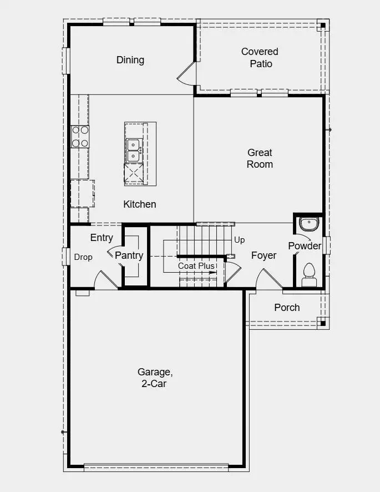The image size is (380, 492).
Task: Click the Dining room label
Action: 130,60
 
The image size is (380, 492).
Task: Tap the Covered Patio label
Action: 260,58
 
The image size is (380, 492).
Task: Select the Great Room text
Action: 260,158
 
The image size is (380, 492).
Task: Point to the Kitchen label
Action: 140,204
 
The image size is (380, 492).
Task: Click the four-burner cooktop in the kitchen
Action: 80,137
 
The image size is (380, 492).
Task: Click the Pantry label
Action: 129,255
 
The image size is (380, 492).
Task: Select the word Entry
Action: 102,238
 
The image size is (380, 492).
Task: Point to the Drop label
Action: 83,257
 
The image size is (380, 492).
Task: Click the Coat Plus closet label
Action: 196,266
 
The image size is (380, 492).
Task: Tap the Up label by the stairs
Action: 240,240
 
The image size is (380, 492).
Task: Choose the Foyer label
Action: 264,255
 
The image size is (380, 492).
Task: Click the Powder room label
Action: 305,245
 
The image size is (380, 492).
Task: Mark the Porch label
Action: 287,308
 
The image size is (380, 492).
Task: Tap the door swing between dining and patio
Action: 187,75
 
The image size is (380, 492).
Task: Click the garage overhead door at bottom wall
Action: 156,467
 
